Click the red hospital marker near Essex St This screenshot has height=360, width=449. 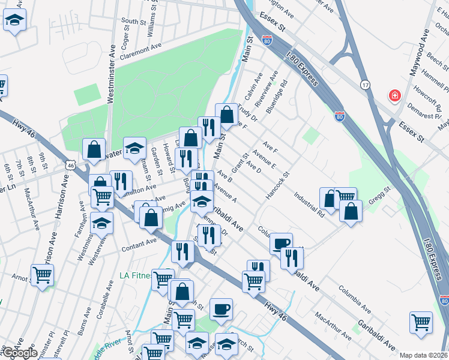[395, 96]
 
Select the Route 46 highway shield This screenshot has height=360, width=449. [71, 164]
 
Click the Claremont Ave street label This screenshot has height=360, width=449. [141, 46]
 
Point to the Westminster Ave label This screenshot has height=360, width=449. [111, 73]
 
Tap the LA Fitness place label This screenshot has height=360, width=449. [135, 275]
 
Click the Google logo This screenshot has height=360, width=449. [19, 353]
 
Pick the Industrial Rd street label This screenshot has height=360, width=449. [309, 203]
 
